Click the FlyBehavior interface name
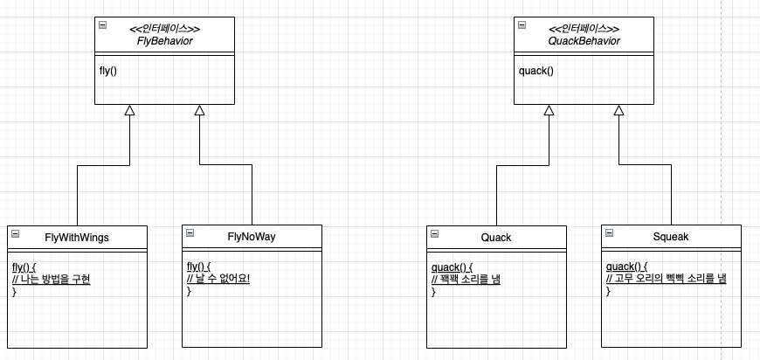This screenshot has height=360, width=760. click(x=165, y=41)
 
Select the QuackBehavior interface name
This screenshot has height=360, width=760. click(x=584, y=41)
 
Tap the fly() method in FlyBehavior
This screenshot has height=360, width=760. click(x=108, y=72)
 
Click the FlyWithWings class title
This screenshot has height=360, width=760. click(x=77, y=238)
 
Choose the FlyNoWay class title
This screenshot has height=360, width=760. click(x=252, y=237)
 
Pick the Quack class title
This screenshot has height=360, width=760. click(x=496, y=238)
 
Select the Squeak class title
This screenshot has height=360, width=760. click(x=671, y=237)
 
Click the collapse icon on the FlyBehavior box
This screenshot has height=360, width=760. click(x=103, y=25)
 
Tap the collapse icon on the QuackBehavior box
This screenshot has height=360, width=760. click(x=522, y=25)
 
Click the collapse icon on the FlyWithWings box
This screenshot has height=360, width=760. click(x=15, y=233)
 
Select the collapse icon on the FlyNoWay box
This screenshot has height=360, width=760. click(x=190, y=232)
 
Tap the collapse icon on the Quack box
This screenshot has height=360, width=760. click(x=435, y=233)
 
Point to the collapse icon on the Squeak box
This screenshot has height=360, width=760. click(x=609, y=232)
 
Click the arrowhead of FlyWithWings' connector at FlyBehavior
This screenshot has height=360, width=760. click(x=129, y=110)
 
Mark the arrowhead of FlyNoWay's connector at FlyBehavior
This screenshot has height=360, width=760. click(x=200, y=110)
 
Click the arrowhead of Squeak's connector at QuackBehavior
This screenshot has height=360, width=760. click(x=619, y=110)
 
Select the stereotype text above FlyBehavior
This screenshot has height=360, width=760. click(x=165, y=29)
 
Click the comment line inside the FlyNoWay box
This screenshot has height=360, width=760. click(x=218, y=280)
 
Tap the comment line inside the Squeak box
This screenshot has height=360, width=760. click(x=667, y=279)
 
